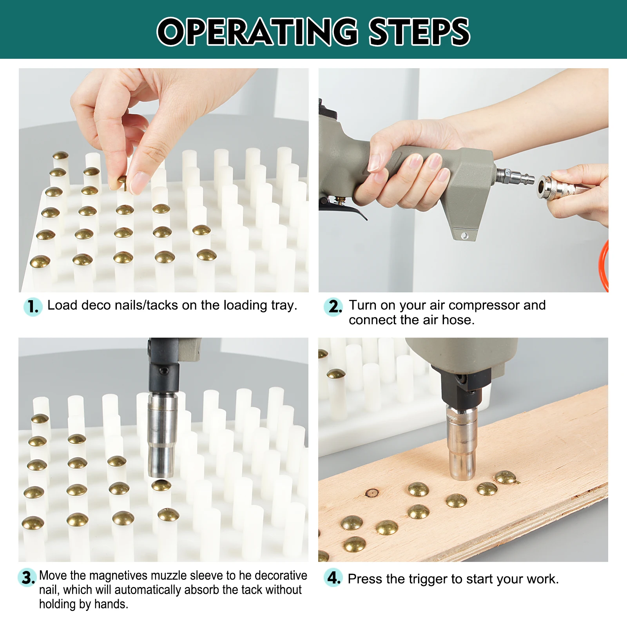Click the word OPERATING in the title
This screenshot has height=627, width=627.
pos(257,32)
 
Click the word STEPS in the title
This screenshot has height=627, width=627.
pos(419,32)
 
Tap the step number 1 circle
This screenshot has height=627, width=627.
pos(33,306)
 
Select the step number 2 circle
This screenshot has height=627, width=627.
pos(333,306)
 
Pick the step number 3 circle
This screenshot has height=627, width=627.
pos(27,578)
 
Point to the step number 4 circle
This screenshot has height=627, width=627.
pos(333,578)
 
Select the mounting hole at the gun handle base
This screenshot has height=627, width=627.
pos(464,236)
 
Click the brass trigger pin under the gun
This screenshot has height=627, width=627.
pos(340,201)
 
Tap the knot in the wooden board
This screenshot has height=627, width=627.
pos(371,493)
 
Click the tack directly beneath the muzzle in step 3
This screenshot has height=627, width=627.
pos(161,486)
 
